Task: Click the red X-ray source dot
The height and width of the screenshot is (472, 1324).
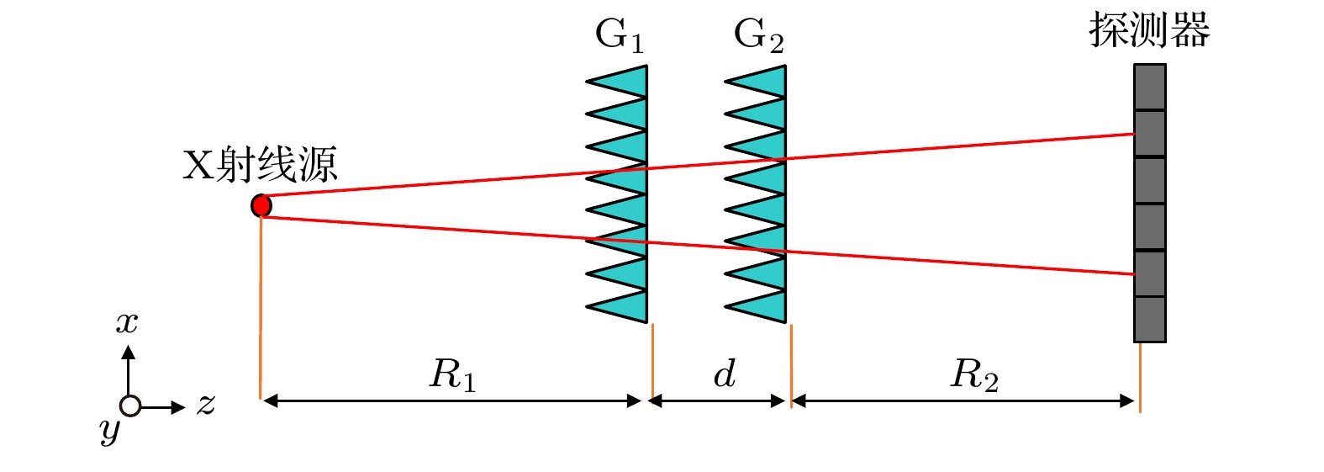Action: pyautogui.click(x=261, y=205)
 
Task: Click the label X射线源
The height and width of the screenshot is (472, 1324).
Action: pyautogui.click(x=260, y=165)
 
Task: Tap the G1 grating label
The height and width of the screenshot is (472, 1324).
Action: pyautogui.click(x=619, y=35)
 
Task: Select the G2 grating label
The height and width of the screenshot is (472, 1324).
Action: pyautogui.click(x=757, y=35)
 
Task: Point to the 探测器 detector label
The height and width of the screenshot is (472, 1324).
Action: pyautogui.click(x=1149, y=30)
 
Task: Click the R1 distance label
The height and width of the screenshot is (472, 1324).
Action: pyautogui.click(x=452, y=374)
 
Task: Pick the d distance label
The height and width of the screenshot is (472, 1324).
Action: pyautogui.click(x=725, y=374)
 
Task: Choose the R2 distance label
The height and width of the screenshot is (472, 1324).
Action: pyautogui.click(x=974, y=374)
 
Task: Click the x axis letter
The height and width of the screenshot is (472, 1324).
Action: pyautogui.click(x=127, y=322)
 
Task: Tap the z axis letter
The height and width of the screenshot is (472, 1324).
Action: pyautogui.click(x=206, y=405)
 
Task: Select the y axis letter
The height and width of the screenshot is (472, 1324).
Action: pyautogui.click(x=109, y=431)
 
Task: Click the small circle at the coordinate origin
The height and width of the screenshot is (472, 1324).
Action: pyautogui.click(x=129, y=406)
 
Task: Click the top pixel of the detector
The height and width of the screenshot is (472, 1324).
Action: pyautogui.click(x=1149, y=88)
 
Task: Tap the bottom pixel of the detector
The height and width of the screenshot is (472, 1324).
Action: pyautogui.click(x=1149, y=319)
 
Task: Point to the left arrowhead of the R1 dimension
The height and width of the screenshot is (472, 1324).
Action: pyautogui.click(x=269, y=401)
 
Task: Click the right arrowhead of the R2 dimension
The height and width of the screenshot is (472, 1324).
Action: pyautogui.click(x=1128, y=401)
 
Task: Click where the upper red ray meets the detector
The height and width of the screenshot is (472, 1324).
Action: pyautogui.click(x=1134, y=134)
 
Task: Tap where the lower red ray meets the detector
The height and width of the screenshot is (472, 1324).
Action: pyautogui.click(x=1134, y=274)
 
